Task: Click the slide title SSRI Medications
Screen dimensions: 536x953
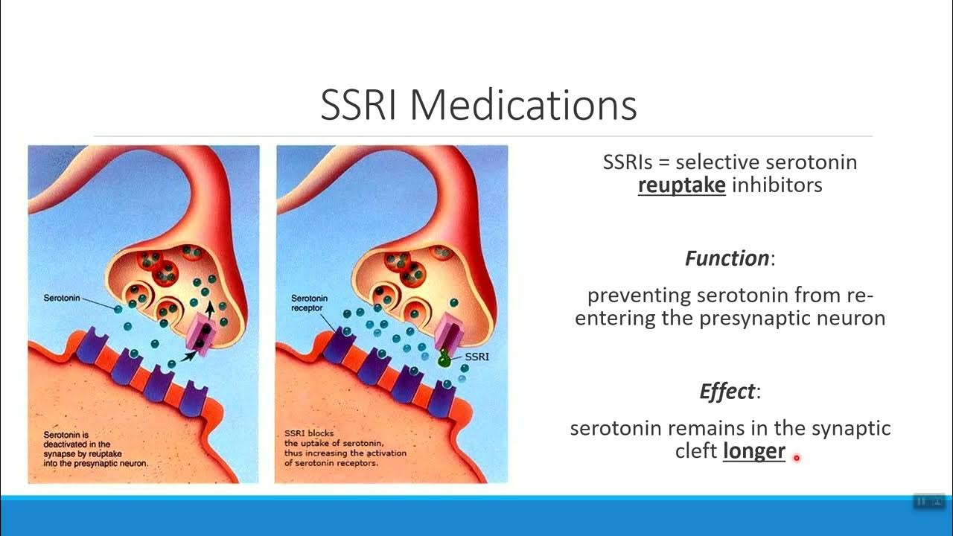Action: click(478, 106)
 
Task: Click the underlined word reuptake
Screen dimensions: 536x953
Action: click(681, 185)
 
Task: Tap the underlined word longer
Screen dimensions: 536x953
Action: click(753, 450)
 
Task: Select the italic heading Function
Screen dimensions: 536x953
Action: click(727, 258)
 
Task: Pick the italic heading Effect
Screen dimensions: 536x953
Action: click(727, 392)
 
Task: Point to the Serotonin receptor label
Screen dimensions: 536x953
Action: click(309, 304)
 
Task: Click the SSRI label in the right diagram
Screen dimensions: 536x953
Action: click(476, 357)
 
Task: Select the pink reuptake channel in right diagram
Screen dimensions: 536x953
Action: click(450, 330)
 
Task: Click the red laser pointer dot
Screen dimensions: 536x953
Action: click(796, 458)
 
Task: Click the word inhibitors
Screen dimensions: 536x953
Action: click(777, 185)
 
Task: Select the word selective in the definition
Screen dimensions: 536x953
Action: click(716, 162)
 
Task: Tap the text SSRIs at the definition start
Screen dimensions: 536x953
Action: click(626, 162)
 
